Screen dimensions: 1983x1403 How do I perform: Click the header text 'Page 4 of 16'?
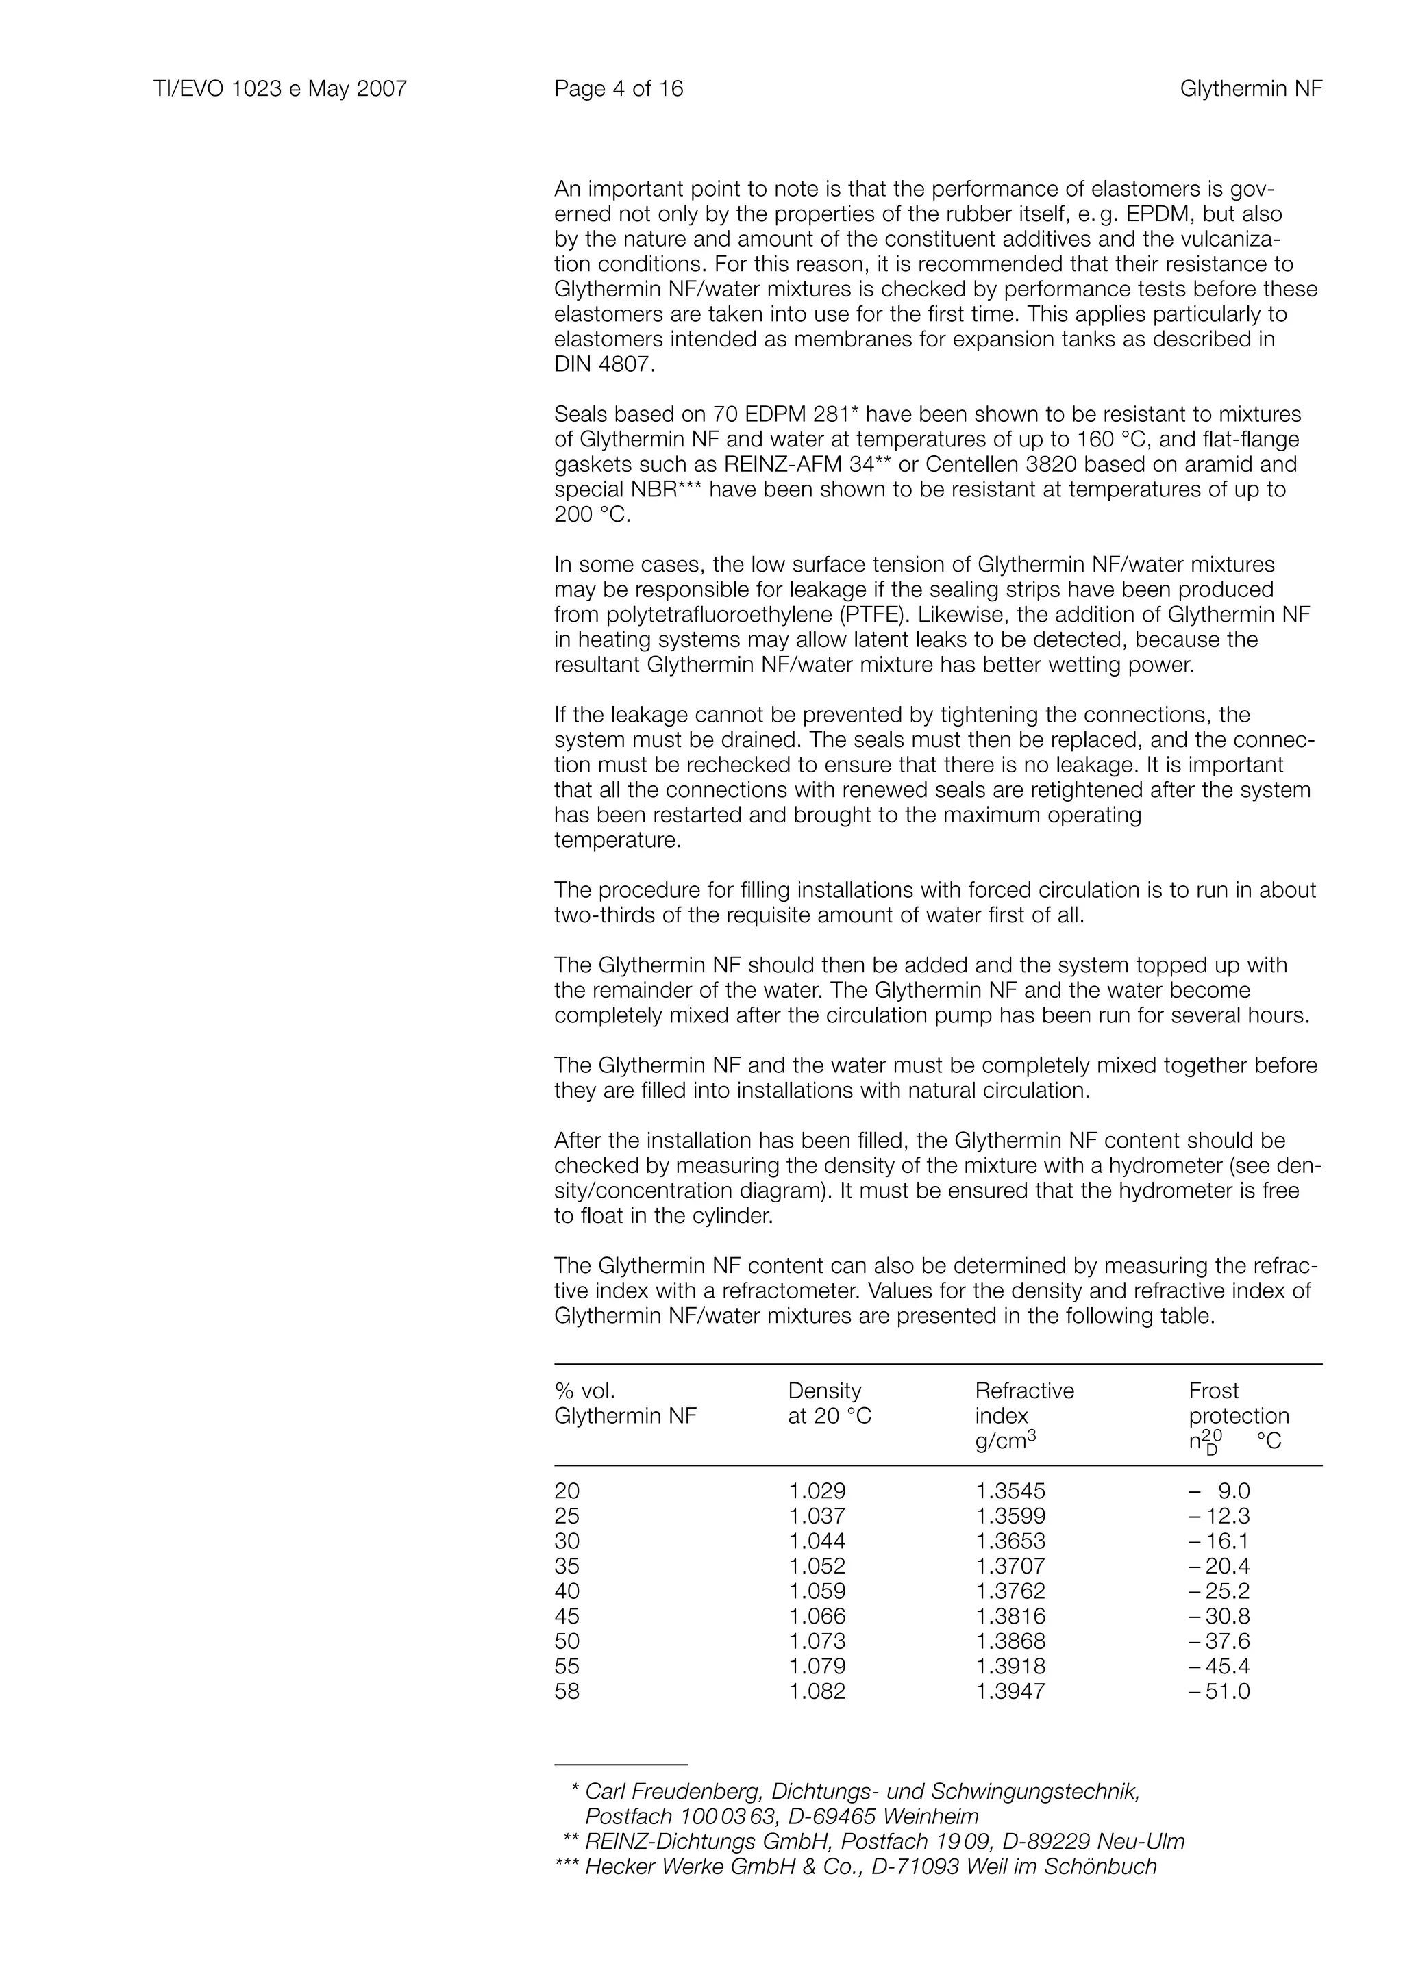[619, 89]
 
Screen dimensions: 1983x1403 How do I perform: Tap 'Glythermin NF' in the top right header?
[1250, 89]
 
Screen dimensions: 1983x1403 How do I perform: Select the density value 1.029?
[817, 1491]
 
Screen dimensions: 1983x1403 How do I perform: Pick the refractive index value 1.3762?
[1010, 1591]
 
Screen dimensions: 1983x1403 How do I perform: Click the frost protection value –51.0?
[1219, 1691]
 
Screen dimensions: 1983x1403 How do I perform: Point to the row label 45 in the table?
[567, 1616]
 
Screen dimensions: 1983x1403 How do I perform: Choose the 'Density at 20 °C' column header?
[830, 1404]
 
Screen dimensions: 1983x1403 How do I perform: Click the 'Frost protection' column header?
[1238, 1404]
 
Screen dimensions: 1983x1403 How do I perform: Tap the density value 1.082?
[817, 1691]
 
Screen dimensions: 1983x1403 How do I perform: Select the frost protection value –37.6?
[1219, 1641]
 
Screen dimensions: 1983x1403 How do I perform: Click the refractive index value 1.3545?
[1010, 1491]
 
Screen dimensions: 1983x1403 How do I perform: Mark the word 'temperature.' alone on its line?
[618, 840]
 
